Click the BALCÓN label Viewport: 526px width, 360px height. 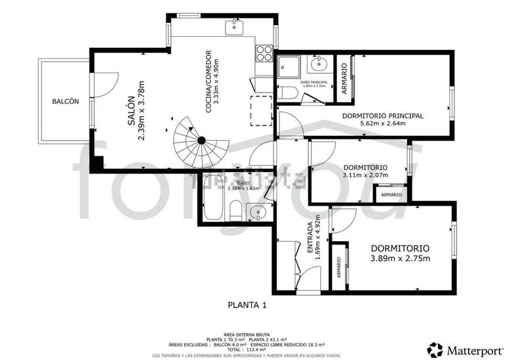[x=66, y=101]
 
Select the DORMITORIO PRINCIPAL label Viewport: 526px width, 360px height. [x=383, y=116]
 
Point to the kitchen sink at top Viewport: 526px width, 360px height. [x=234, y=26]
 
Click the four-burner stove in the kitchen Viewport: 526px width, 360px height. [x=264, y=52]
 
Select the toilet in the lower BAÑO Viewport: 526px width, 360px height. [x=235, y=212]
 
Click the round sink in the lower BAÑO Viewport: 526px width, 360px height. [x=258, y=211]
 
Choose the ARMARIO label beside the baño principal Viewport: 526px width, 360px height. [x=344, y=77]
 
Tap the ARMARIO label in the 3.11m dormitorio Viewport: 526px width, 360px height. [x=392, y=194]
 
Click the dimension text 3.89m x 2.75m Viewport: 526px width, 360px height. [x=400, y=258]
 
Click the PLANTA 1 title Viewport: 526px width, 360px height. [x=247, y=305]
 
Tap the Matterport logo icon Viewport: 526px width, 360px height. [x=435, y=348]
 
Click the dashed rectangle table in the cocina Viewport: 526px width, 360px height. [x=261, y=110]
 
